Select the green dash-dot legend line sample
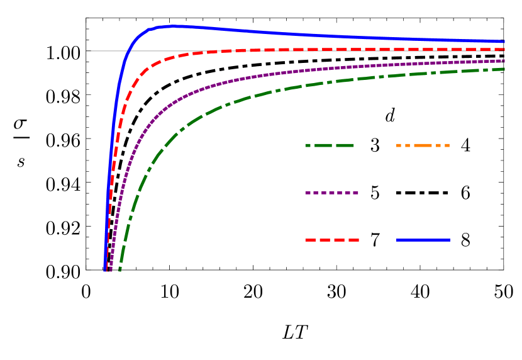tap(330, 145)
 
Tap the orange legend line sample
tap(423, 145)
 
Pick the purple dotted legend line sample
tap(331, 193)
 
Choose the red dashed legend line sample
tap(331, 240)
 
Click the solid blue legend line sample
tap(423, 240)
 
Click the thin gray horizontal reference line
tap(101, 51)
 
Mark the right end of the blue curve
tap(504, 42)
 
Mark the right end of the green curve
tap(504, 69)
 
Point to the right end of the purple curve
tap(504, 60)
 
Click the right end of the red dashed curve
tap(504, 49)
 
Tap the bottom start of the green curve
tap(119, 269)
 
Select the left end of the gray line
tap(87, 51)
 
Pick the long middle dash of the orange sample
tap(423, 145)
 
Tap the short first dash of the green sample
tap(308, 145)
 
